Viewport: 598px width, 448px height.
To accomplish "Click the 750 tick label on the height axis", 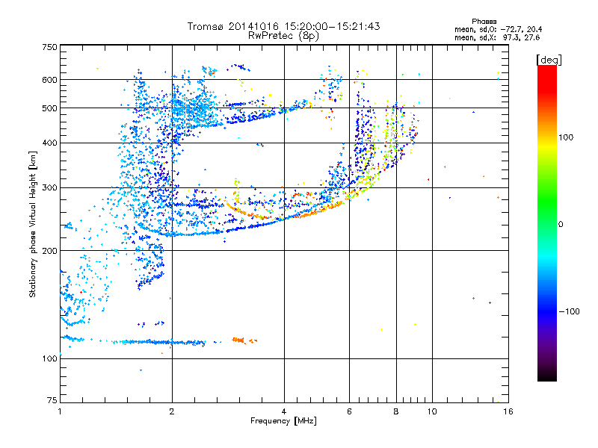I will point(49,47).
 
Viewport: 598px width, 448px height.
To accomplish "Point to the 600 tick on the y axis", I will point(49,80).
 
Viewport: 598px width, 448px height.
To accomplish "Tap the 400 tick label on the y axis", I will point(49,143).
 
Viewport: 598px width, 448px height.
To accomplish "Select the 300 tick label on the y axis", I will point(49,188).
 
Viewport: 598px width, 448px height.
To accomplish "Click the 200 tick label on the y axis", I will point(49,251).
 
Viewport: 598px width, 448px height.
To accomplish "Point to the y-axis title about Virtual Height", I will point(33,224).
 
